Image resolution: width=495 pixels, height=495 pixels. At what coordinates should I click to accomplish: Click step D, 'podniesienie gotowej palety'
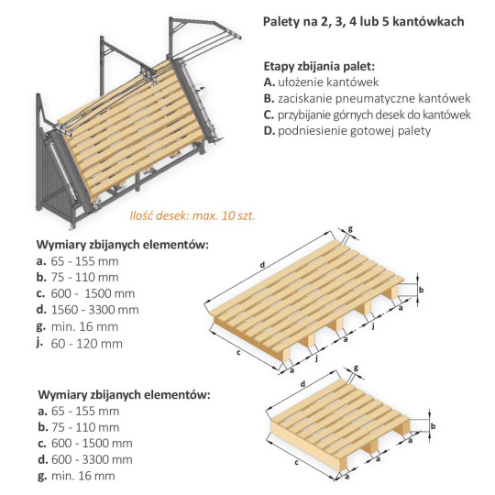(346, 130)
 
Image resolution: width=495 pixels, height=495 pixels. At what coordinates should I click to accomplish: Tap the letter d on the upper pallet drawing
(264, 266)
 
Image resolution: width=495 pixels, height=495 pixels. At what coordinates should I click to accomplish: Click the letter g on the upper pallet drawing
(350, 229)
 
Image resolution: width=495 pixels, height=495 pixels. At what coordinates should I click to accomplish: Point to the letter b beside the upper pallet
(421, 290)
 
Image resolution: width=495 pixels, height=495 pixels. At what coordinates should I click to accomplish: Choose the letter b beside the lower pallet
(433, 426)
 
